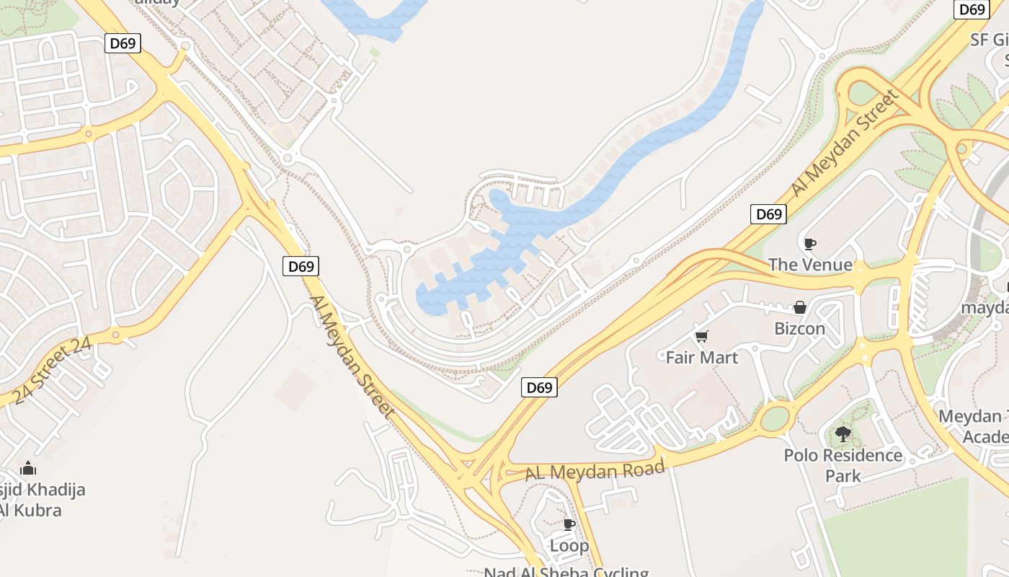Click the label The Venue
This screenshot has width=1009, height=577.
click(x=810, y=265)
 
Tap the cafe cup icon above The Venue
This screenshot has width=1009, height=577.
click(x=809, y=244)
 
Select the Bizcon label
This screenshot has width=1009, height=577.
click(x=799, y=329)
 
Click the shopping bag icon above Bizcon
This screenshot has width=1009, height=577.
click(x=799, y=308)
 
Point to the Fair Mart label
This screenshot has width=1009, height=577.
click(x=701, y=358)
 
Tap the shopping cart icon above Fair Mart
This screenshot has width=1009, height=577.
click(x=701, y=336)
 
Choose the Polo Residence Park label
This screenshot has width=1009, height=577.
click(x=843, y=465)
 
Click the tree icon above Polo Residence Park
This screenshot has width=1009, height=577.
click(x=843, y=434)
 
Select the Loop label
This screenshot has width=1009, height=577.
click(x=569, y=545)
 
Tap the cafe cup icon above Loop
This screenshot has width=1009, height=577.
click(x=569, y=524)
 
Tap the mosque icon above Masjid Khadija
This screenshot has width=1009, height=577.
click(x=28, y=469)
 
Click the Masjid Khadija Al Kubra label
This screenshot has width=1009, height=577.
click(x=40, y=500)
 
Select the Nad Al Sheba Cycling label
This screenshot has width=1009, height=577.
click(x=566, y=571)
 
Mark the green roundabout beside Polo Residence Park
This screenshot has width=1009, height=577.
click(x=775, y=418)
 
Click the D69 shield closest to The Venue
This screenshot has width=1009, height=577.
click(x=768, y=214)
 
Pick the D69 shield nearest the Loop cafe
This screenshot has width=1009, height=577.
click(x=539, y=388)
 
